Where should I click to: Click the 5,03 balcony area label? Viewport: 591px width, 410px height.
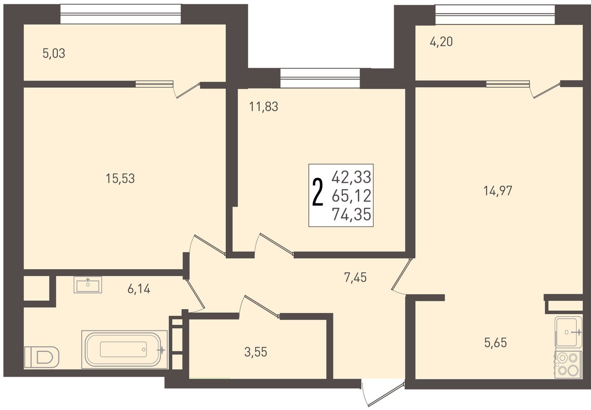tap(54, 54)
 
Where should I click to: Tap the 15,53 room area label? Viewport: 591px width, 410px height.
tap(121, 178)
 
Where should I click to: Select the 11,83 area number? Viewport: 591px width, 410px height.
tap(264, 107)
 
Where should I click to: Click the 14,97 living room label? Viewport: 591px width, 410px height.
tap(498, 191)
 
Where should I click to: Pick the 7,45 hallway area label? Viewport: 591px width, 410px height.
tap(356, 278)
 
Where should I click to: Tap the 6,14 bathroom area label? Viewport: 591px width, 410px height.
tap(139, 289)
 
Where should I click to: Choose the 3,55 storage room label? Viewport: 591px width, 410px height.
tap(256, 352)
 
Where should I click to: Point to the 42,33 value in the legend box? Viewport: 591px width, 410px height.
tap(351, 177)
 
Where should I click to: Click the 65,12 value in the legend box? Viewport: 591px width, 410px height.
tap(351, 196)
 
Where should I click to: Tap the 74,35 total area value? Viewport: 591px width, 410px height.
tap(351, 214)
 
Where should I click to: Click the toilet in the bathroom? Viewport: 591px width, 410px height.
tap(42, 357)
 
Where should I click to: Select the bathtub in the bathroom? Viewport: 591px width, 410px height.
tap(125, 349)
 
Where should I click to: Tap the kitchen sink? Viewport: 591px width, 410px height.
tap(568, 332)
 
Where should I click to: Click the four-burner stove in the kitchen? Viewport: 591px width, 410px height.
tap(568, 365)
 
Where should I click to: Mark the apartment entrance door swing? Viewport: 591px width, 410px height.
tap(383, 394)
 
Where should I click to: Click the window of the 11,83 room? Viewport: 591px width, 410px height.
tap(320, 78)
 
